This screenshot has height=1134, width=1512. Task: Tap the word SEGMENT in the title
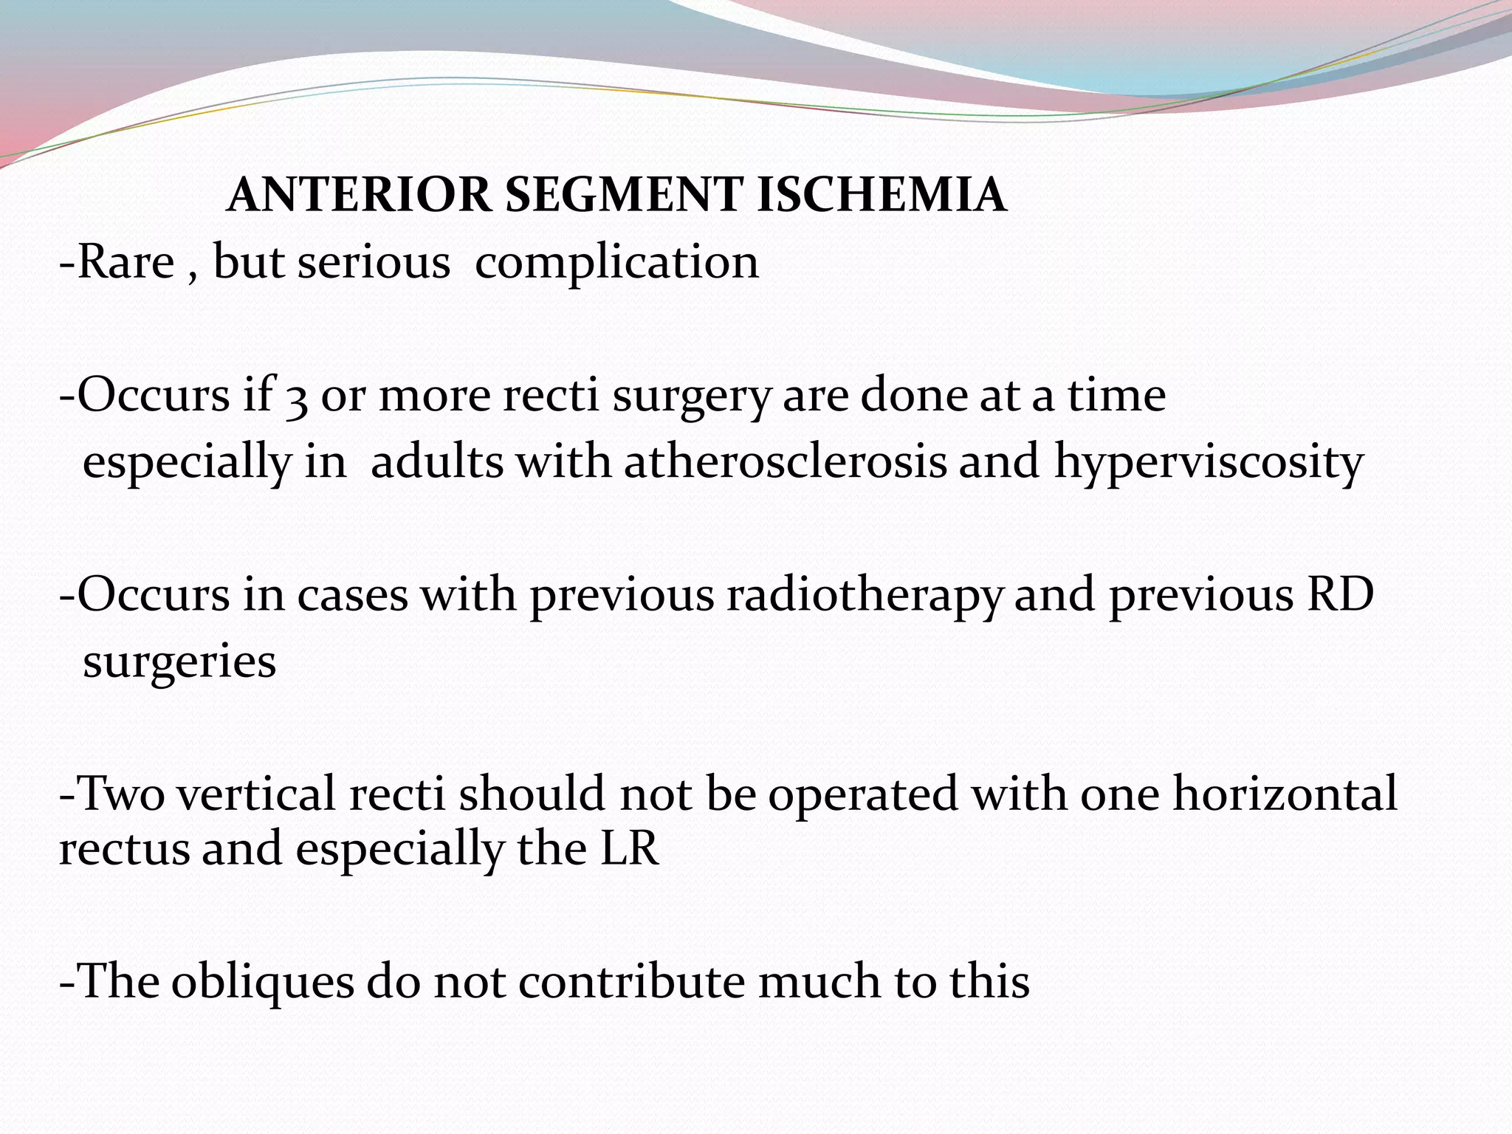[624, 196]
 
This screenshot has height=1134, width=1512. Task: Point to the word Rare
[126, 262]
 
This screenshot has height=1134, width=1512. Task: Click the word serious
[374, 262]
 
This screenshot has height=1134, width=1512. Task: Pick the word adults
[436, 463]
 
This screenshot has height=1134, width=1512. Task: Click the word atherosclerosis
[785, 463]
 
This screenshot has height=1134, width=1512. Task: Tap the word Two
[121, 795]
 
